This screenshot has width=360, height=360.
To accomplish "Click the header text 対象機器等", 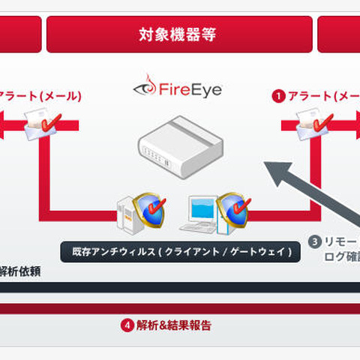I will [x=179, y=34].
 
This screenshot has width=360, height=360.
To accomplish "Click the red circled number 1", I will [x=278, y=96].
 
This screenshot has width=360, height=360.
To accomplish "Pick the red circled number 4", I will [x=127, y=325].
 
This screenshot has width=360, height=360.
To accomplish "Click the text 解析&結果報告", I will [x=174, y=325].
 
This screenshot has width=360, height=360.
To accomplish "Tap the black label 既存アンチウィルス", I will [x=180, y=251].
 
